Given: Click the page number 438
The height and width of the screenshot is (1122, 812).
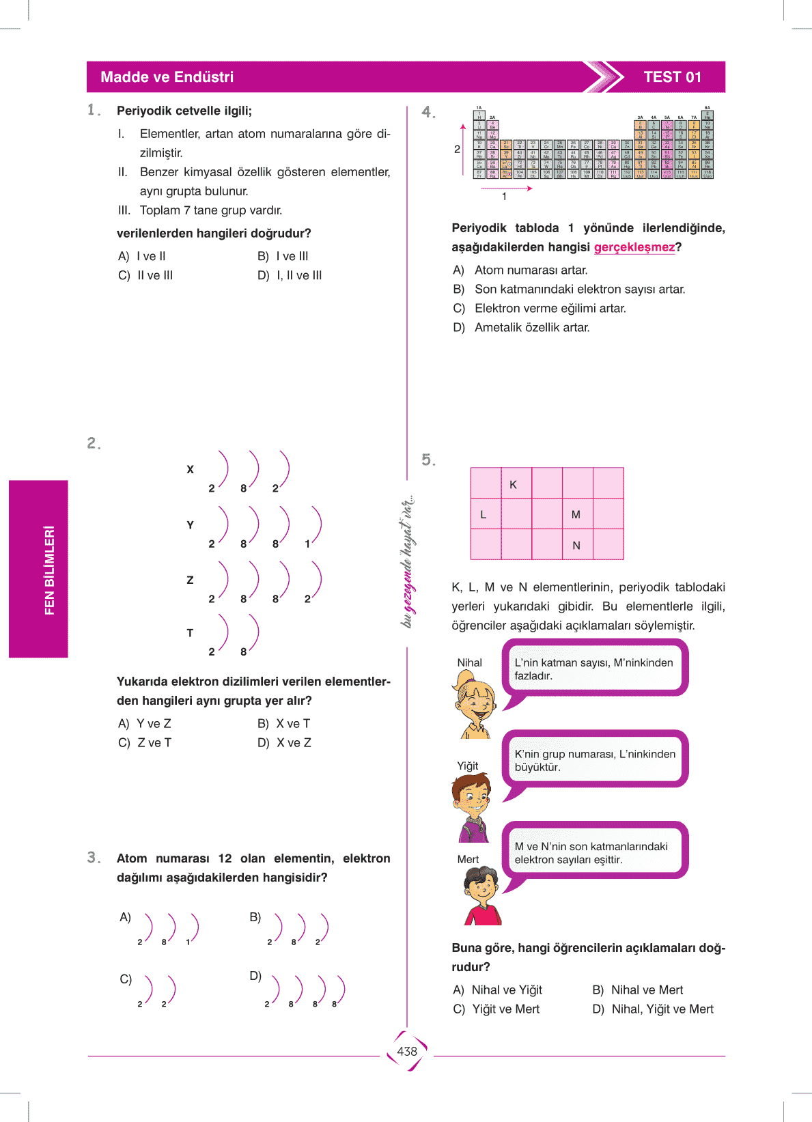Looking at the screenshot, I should coord(407,1051).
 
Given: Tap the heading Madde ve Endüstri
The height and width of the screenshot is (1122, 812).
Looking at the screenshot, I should coord(167,77).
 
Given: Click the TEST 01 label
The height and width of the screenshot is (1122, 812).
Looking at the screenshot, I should coord(672,77).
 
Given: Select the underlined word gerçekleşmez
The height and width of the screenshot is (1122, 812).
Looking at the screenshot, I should coord(634,247).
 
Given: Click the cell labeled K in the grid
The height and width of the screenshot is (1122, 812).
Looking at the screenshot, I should coord(514,484).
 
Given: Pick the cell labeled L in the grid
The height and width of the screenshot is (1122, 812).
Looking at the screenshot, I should coord(484,514).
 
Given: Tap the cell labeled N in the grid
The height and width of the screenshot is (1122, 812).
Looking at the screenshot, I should coord(576,545).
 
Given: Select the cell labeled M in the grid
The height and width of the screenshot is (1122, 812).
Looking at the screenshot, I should coord(576,514).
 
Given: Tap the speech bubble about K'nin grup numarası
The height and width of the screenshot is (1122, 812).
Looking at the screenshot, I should coord(594,760).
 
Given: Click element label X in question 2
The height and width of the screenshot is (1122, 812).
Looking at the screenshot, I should coord(190,470).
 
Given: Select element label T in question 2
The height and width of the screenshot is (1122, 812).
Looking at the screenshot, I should coord(190,633).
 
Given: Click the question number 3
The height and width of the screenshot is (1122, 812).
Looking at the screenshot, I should coord(94,858).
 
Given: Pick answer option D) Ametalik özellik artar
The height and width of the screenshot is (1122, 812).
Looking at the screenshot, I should coord(522,328).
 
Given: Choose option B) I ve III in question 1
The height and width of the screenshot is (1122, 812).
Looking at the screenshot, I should coord(283,256).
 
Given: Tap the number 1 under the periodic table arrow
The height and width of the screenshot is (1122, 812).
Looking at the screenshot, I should coord(504,197).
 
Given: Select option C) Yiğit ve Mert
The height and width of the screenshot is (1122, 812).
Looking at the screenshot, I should coord(496,1009).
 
